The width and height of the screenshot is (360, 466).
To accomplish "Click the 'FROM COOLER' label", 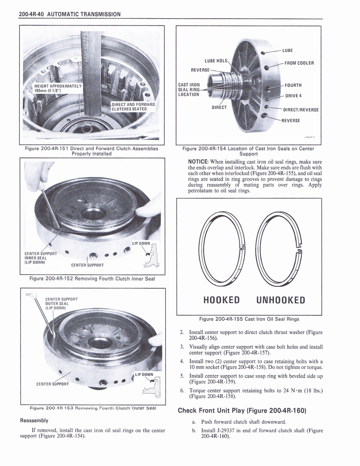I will pos(299,63).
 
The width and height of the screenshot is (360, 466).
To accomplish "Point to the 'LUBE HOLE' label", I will pos(216,61).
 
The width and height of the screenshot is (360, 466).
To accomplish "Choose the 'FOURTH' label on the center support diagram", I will pos(293,85).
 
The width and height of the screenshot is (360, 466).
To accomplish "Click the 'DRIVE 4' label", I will pos(294,96).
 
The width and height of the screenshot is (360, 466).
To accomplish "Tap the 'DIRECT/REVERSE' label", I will pos(301,110).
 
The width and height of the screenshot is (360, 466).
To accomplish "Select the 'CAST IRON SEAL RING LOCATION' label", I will pos(189,90).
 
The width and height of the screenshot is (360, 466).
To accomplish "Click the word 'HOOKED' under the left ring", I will pos(221,300).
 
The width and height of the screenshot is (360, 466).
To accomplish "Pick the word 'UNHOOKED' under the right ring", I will pos(280,300).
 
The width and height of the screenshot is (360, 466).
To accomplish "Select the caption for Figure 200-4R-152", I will pos(91,279).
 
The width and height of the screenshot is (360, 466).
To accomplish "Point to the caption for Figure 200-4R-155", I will pos(249,319).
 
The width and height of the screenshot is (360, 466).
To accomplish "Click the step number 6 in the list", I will pos(182,390).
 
